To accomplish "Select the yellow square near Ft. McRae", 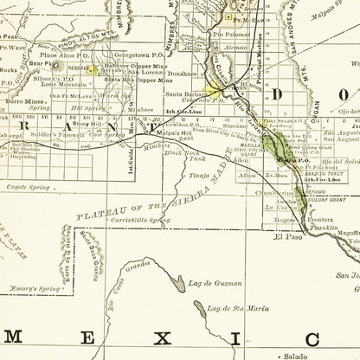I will pos(228,17).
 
